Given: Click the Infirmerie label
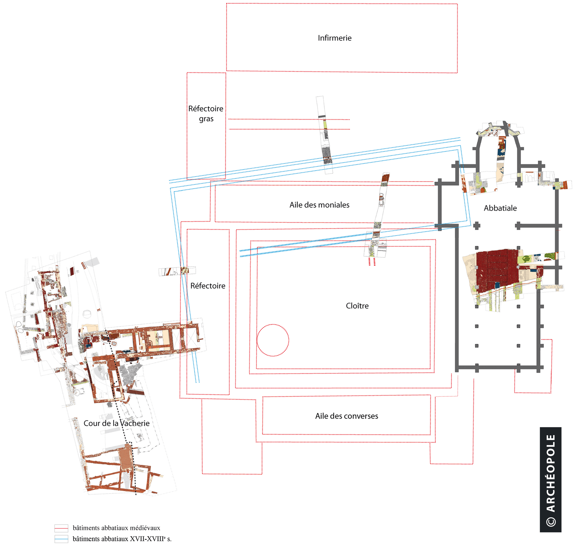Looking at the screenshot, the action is coord(334,38).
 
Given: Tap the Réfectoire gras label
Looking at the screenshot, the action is coord(206,113).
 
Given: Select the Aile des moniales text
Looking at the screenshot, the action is coord(319,205).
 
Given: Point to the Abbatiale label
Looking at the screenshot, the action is coord(500,208).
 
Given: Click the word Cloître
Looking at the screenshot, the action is coord(357,306).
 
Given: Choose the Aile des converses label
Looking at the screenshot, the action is coord(346,416).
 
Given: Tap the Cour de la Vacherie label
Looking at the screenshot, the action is coord(117,423).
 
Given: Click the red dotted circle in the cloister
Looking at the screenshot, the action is coord(273,324).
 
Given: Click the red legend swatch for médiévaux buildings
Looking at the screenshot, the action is coord(61,528).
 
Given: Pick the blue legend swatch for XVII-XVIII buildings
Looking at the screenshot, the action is coord(61,539).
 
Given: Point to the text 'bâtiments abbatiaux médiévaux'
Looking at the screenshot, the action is coord(116,528).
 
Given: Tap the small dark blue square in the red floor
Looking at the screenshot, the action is coord(497,285).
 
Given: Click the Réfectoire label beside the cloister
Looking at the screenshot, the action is coord(208,286).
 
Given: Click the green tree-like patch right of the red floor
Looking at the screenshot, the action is coord(527,258).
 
